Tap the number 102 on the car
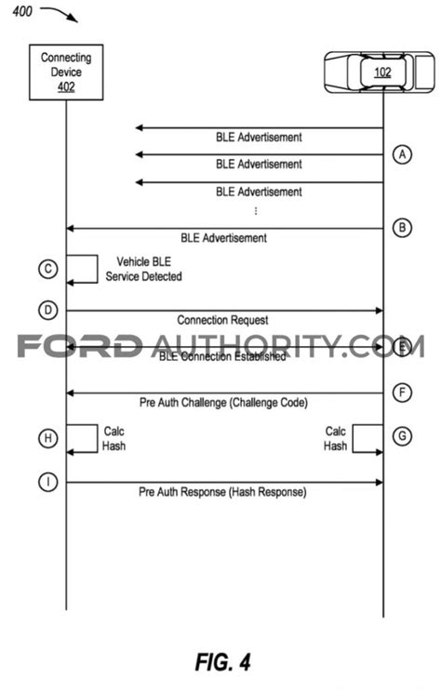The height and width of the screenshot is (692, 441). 382,72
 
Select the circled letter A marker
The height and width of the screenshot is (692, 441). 402,155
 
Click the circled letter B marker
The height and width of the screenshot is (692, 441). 402,228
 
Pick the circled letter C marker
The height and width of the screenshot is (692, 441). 48,269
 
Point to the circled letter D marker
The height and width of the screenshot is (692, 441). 48,310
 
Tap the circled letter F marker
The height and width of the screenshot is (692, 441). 402,393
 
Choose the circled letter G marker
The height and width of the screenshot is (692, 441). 402,436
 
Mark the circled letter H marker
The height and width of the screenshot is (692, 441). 48,438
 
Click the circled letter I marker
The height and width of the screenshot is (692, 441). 48,482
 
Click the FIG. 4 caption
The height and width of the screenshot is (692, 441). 223,662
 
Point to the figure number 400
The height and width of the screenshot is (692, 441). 22,11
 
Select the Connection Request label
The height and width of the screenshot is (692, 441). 222,320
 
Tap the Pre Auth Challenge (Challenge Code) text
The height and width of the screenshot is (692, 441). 223,403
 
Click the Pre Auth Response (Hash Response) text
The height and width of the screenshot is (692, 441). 222,492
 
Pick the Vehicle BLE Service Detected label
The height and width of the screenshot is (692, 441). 143,269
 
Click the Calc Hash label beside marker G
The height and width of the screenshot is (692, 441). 336,438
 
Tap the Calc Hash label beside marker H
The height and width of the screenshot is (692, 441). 114,438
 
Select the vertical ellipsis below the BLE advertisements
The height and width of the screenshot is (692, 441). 256,210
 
